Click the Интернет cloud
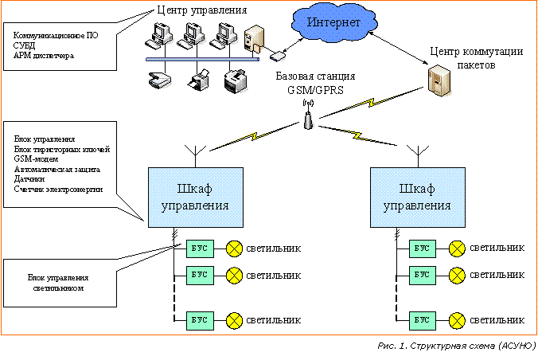pos(333,23)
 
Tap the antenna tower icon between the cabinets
pos(308,120)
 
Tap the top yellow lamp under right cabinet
pos(457,248)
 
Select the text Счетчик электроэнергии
pos(58,190)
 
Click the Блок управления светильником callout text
pos(57,283)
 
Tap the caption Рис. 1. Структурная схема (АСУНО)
pos(456,347)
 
